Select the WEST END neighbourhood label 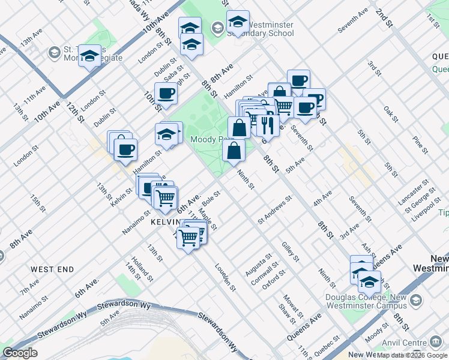pos(52,269)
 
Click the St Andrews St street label pos(274,210)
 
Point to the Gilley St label pos(291,251)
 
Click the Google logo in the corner pos(20,353)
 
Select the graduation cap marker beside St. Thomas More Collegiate pos(89,56)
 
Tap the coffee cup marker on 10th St pos(166,94)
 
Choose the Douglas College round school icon pos(416,300)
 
